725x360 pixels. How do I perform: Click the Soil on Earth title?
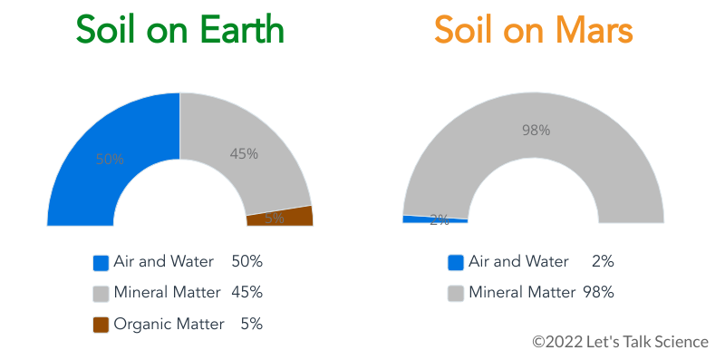click(x=179, y=31)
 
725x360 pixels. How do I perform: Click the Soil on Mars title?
click(x=533, y=31)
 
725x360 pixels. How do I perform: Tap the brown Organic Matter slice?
click(x=281, y=217)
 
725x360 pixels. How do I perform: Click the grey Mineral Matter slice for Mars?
click(x=535, y=136)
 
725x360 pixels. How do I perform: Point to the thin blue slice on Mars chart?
click(x=426, y=219)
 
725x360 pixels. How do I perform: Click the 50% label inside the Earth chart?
click(x=110, y=159)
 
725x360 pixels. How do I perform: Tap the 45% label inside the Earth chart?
click(x=244, y=154)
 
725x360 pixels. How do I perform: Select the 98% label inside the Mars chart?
click(x=536, y=131)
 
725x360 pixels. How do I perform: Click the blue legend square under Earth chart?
click(x=101, y=263)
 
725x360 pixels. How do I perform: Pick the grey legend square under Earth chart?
click(x=101, y=294)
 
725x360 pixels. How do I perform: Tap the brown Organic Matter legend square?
click(x=101, y=325)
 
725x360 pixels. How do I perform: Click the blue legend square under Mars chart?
click(x=456, y=263)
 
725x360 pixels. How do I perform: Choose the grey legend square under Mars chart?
click(x=456, y=294)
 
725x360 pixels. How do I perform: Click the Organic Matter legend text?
click(x=169, y=324)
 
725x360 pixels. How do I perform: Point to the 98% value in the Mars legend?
click(x=598, y=292)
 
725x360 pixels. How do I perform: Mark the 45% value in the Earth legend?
click(x=246, y=292)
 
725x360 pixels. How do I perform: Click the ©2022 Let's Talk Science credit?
click(x=620, y=342)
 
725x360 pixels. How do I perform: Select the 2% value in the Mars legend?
click(x=602, y=261)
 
